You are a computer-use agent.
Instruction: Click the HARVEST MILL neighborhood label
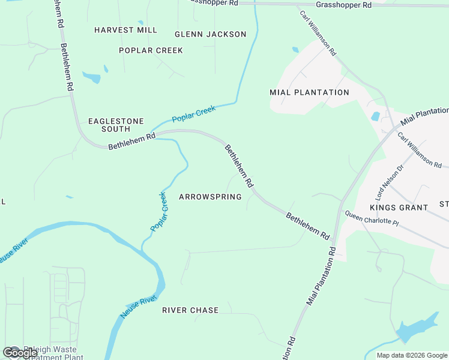pos(126,30)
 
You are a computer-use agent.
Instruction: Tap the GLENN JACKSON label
pos(210,34)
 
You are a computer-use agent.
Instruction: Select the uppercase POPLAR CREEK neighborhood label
pos(151,50)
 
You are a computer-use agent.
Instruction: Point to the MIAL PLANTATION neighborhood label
pos(309,92)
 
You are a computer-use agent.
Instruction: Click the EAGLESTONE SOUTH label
pos(116,125)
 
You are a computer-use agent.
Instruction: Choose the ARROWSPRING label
pos(210,197)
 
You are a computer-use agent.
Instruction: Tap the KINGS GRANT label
pos(399,208)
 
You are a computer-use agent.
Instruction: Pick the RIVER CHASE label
pos(190,310)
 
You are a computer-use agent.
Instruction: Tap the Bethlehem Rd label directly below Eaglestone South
pos(131,142)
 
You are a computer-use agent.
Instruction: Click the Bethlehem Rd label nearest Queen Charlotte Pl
pos(308,225)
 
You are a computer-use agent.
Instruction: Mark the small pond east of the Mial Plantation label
pos(375,116)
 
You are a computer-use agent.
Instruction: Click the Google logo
pos(20,352)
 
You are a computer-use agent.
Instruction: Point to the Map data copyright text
pos(411,355)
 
